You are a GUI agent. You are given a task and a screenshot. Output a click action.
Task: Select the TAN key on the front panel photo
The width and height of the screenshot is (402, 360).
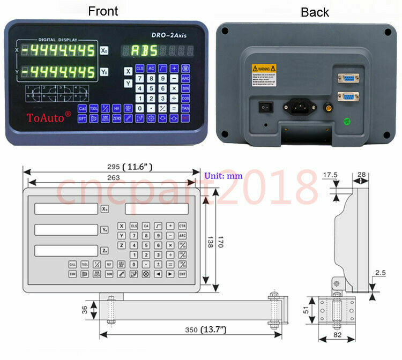click(x=185, y=108)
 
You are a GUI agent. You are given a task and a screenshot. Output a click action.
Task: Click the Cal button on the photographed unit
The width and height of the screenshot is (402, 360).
click(x=82, y=108)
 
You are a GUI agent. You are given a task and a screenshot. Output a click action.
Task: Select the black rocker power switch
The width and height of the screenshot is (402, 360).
click(x=264, y=107)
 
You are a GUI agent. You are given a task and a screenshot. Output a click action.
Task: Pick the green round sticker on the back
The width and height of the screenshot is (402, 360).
click(x=347, y=121)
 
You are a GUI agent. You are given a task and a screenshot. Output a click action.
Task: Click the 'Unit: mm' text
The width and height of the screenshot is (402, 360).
click(x=223, y=175)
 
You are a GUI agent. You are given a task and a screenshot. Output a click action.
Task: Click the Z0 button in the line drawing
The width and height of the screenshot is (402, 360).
click(x=105, y=250)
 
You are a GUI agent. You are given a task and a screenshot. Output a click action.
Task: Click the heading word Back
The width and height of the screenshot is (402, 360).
click(x=315, y=12)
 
